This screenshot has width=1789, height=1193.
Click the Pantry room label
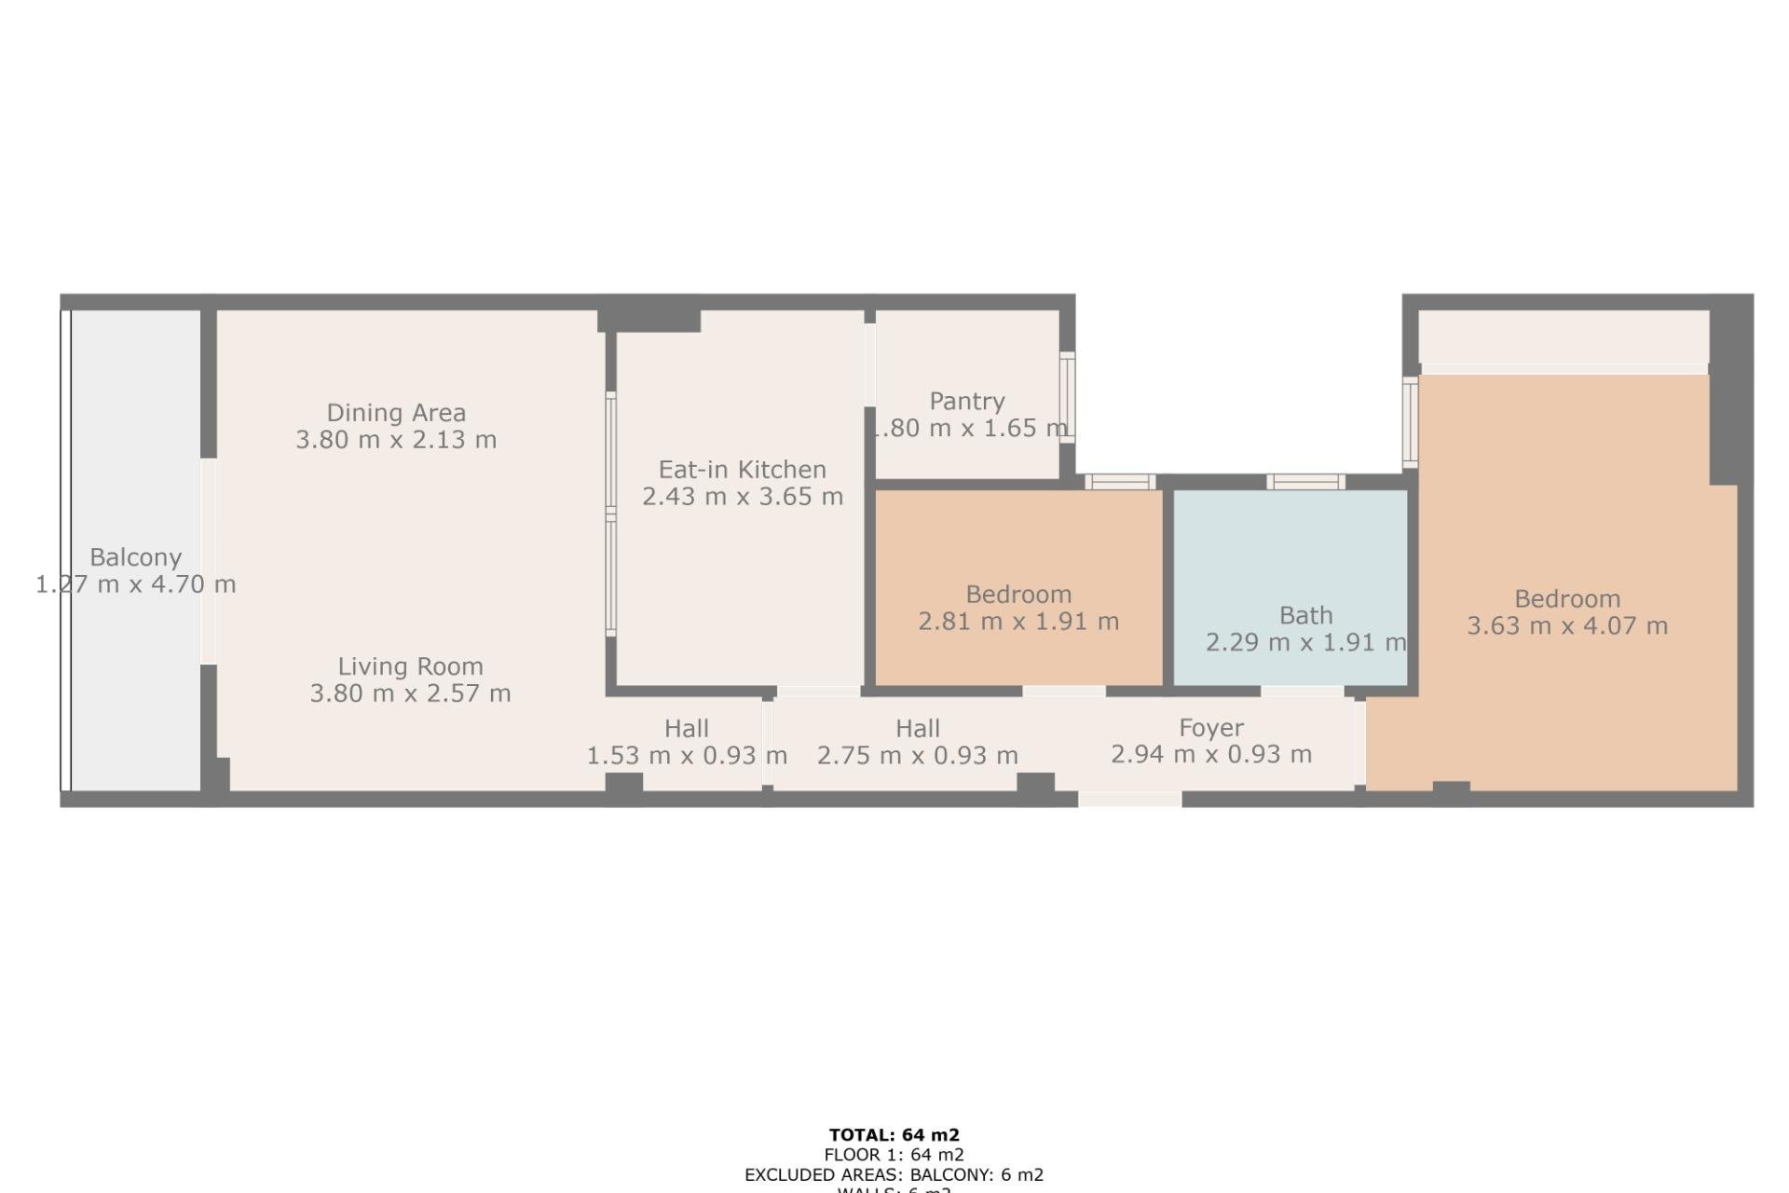point(966,402)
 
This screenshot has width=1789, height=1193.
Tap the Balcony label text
point(135,557)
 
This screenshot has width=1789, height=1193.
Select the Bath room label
point(1305,615)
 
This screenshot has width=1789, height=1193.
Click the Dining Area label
point(396,413)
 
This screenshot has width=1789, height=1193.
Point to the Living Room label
point(410,666)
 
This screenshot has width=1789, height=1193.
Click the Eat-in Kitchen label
point(742,470)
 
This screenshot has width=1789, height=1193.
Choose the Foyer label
point(1210,728)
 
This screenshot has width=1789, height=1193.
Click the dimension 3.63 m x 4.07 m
point(1566,626)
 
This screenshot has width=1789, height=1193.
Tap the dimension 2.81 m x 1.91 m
point(1018,622)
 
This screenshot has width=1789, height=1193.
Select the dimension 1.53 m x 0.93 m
point(687,756)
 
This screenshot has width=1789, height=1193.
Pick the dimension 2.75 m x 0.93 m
point(917,756)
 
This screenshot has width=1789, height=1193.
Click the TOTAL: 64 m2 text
point(894,1135)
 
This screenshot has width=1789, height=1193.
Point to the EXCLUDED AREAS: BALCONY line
point(894,1175)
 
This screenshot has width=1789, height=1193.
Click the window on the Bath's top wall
point(1304,482)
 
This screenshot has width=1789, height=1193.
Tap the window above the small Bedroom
point(1120,482)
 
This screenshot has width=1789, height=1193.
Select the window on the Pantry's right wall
point(1068,398)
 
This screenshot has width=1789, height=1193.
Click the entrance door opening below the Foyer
point(1129,799)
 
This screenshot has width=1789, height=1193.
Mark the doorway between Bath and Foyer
point(1302,692)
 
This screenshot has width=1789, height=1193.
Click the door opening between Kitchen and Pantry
point(869,364)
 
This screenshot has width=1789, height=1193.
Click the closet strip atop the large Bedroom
point(1564,336)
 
